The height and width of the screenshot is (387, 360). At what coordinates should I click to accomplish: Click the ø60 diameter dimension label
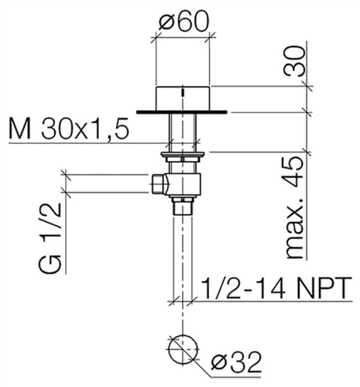(x=183, y=22)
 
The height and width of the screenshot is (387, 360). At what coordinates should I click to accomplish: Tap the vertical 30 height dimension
(x=294, y=61)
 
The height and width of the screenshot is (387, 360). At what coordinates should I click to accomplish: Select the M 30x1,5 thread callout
(x=68, y=128)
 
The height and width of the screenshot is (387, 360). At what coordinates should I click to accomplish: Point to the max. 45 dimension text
(x=294, y=208)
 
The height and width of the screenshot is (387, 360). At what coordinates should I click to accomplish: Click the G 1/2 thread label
(x=50, y=238)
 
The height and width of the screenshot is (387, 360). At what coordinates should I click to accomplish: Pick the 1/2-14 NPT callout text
(x=276, y=288)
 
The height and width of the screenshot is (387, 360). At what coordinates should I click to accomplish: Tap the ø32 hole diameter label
(x=236, y=362)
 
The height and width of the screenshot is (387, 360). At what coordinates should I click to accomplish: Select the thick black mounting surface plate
(x=182, y=111)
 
